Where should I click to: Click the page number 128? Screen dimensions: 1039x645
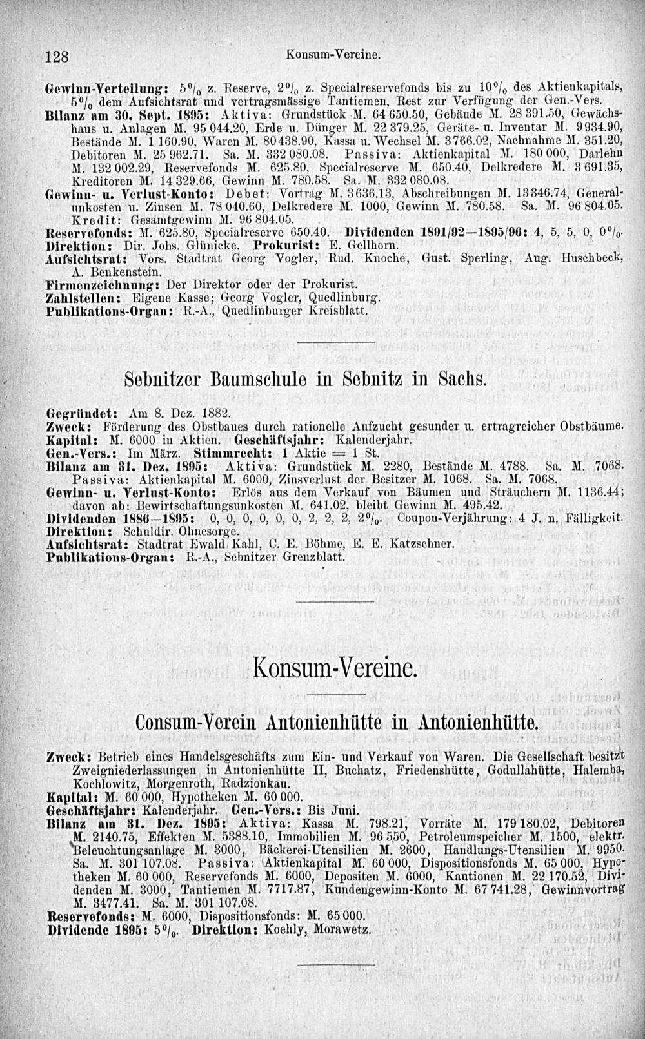tap(57, 56)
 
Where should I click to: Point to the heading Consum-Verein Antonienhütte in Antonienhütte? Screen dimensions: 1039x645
tap(335, 721)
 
